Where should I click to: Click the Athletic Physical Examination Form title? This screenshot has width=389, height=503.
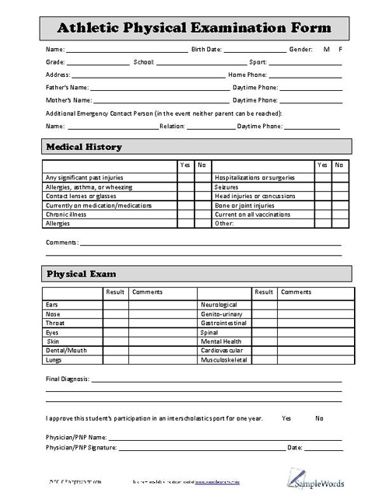tap(194, 27)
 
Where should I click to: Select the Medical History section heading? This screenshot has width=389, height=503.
tap(84, 146)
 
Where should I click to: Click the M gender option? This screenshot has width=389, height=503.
tap(327, 49)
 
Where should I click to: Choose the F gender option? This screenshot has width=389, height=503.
tap(340, 49)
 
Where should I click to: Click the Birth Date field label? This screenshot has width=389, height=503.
tap(206, 49)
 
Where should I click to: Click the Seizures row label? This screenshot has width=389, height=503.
tap(226, 187)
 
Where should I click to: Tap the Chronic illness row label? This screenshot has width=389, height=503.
tap(65, 214)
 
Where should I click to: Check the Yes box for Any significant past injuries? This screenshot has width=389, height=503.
tap(185, 178)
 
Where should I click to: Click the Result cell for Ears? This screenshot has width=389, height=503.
tap(116, 305)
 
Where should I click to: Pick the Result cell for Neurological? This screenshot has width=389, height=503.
tap(265, 305)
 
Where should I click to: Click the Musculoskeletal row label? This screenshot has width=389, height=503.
tap(224, 360)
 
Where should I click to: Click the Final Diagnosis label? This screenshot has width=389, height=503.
tap(68, 379)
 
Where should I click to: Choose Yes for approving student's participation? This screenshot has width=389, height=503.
tap(286, 418)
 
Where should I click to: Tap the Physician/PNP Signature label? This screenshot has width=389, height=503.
tap(81, 448)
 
